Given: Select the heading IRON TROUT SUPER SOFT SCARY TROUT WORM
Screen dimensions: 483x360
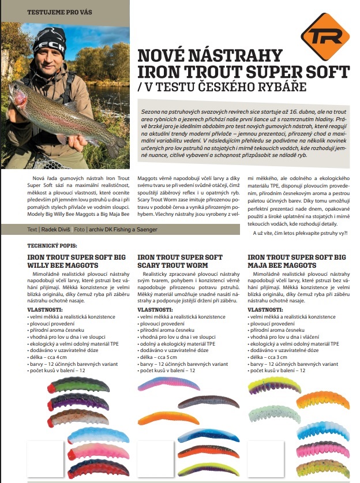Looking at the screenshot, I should [x=180, y=261].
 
